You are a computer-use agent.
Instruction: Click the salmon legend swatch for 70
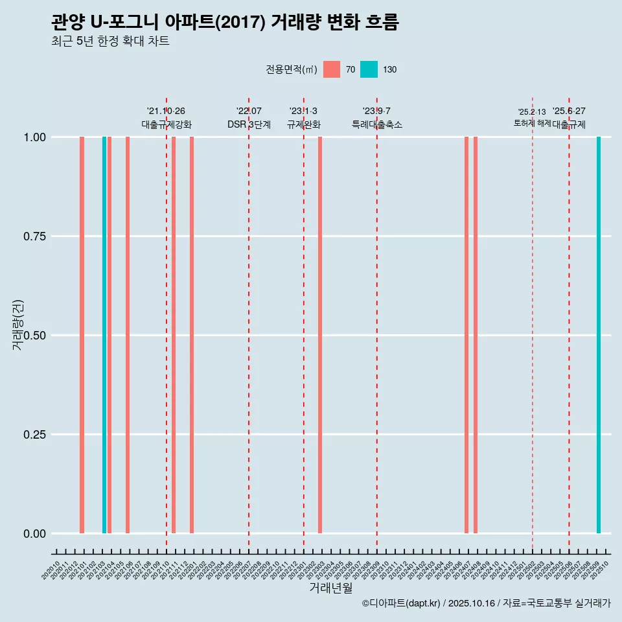[x=332, y=69]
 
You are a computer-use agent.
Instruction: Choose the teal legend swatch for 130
[x=369, y=69]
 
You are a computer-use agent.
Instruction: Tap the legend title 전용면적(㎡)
[x=291, y=69]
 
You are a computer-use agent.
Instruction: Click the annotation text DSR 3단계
[x=249, y=124]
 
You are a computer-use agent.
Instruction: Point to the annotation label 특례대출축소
[x=377, y=124]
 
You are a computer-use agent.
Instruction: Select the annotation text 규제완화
[x=304, y=124]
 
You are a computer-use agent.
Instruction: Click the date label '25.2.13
[x=532, y=112]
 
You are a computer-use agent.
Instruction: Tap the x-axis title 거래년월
[x=330, y=588]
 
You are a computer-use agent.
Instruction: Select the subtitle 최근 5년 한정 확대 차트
[x=110, y=41]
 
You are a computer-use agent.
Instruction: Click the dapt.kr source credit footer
[x=486, y=603]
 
